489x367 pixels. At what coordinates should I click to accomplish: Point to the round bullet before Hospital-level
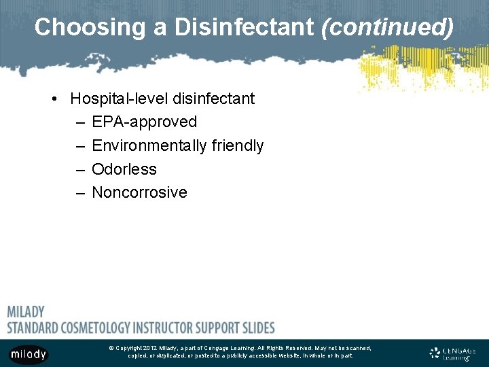pyautogui.click(x=54, y=99)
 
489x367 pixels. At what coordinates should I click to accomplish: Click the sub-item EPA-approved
pyautogui.click(x=144, y=122)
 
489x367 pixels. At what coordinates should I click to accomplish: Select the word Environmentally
pyautogui.click(x=149, y=145)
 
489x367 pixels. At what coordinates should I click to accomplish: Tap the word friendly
pyautogui.click(x=237, y=145)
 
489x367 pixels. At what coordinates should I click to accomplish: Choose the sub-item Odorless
pyautogui.click(x=124, y=169)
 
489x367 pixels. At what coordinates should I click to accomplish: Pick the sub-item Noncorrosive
pyautogui.click(x=139, y=192)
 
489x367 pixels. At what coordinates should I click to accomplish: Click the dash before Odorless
pyautogui.click(x=80, y=169)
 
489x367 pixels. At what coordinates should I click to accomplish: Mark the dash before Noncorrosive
pyautogui.click(x=80, y=192)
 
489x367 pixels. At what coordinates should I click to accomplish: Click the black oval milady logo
pyautogui.click(x=29, y=354)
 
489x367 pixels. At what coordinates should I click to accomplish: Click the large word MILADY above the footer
pyautogui.click(x=26, y=312)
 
